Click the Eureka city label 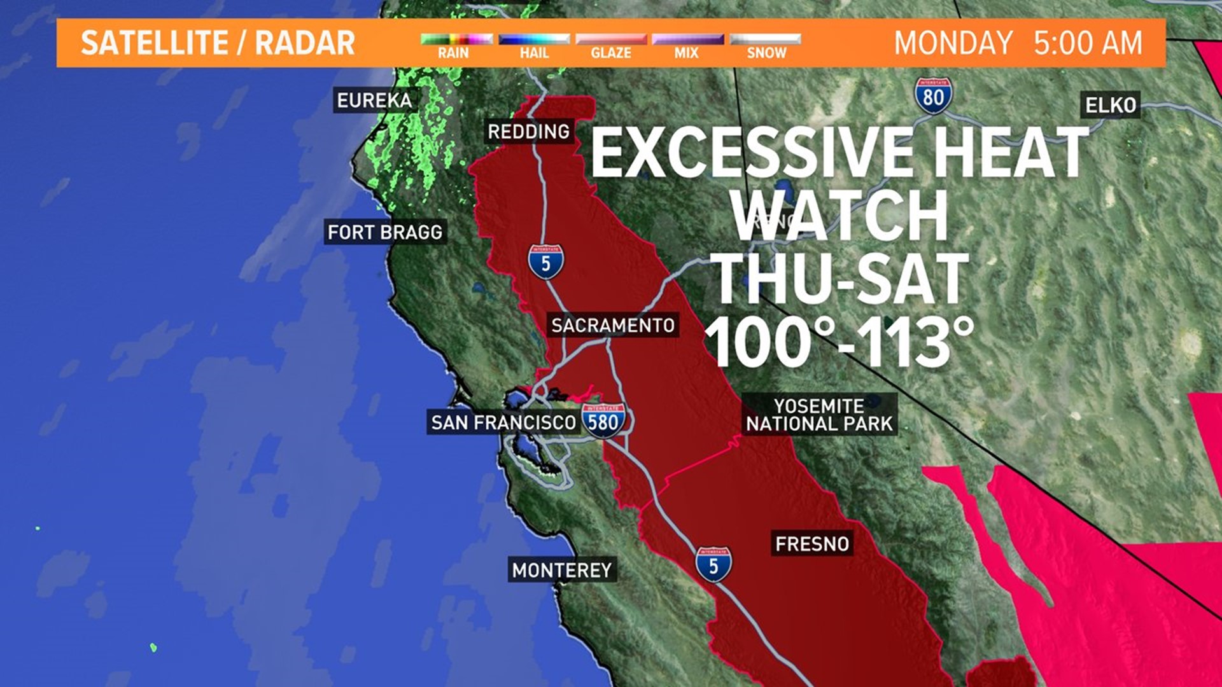pyautogui.click(x=374, y=101)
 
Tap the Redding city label pyautogui.click(x=528, y=132)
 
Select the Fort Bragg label pyautogui.click(x=384, y=232)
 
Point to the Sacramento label pyautogui.click(x=612, y=326)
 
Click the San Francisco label pyautogui.click(x=503, y=422)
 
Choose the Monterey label pyautogui.click(x=561, y=570)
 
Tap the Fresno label pyautogui.click(x=812, y=544)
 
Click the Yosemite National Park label pyautogui.click(x=819, y=415)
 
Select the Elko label pyautogui.click(x=1111, y=105)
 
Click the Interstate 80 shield pyautogui.click(x=934, y=96)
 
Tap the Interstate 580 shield pyautogui.click(x=603, y=420)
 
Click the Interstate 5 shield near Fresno pyautogui.click(x=713, y=564)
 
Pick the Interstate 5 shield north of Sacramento pyautogui.click(x=545, y=262)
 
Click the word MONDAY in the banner pyautogui.click(x=953, y=43)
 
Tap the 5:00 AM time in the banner pyautogui.click(x=1088, y=43)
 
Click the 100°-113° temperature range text pyautogui.click(x=839, y=342)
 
